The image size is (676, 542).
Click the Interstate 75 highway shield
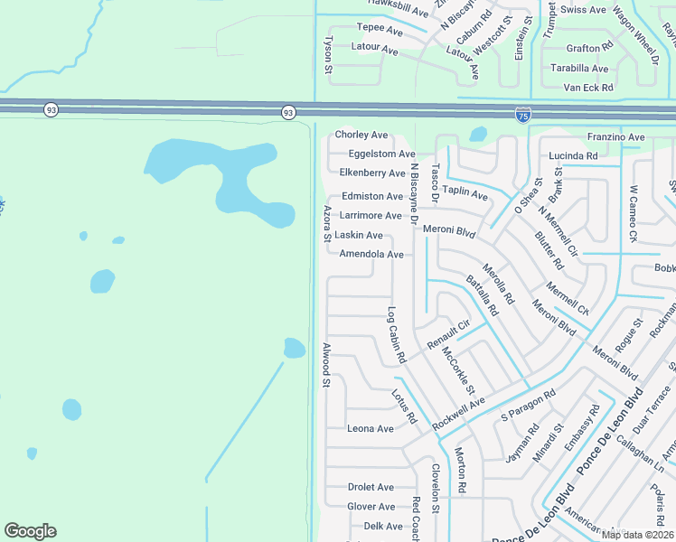[523, 115]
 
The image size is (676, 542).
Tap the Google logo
[30, 531]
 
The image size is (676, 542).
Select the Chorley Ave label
[361, 135]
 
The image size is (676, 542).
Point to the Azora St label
[326, 224]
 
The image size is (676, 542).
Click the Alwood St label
[325, 366]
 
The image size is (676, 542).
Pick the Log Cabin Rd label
[395, 335]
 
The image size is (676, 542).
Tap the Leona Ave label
[371, 428]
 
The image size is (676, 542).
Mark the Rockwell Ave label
[458, 413]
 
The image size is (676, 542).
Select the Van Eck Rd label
[588, 88]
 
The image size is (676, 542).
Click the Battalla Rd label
[482, 294]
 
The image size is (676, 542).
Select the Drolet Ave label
[371, 487]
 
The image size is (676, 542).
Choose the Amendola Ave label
[371, 255]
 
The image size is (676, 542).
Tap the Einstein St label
[520, 39]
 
